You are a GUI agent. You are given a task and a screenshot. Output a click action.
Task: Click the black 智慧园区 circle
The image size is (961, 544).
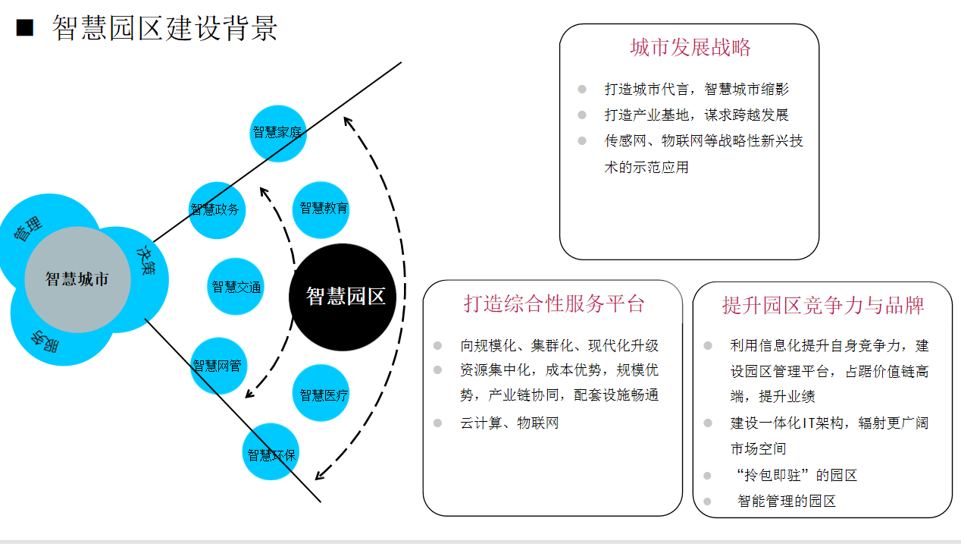pos(343,297)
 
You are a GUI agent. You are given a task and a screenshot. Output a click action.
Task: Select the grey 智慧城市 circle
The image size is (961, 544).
pos(77,279)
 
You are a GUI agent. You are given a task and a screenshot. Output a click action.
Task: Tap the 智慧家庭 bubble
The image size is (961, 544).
pos(278,133)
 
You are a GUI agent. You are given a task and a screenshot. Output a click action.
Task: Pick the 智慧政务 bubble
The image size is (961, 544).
pos(217,210)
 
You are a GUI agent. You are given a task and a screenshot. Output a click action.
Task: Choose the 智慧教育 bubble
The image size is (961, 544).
pos(321,209)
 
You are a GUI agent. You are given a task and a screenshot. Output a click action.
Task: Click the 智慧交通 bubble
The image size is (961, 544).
pos(236,286)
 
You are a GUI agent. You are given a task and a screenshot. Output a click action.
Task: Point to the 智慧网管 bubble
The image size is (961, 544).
pos(219,366)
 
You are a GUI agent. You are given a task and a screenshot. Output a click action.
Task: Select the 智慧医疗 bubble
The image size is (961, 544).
pos(321,392)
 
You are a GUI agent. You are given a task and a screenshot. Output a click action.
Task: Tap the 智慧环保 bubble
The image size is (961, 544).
pos(271,451)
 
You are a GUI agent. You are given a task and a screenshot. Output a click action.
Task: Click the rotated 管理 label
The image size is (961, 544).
pos(28,228)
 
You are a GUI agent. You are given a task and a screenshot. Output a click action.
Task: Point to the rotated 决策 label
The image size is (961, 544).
pos(146,260)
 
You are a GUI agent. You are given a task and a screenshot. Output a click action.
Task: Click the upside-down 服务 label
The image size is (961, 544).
pos(45,341)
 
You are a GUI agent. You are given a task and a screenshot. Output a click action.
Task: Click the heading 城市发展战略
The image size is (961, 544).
pos(690,47)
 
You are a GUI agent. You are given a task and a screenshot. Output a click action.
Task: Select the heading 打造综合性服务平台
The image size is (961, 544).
pos(554,303)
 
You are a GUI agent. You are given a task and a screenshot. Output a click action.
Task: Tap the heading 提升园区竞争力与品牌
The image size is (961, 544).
pos(823,305)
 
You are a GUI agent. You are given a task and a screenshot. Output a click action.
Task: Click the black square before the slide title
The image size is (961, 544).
pos(25,27)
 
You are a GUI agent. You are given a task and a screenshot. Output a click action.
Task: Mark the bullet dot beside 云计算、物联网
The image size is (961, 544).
pos(437,423)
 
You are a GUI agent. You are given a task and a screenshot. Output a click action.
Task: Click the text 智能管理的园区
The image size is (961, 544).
pos(787,501)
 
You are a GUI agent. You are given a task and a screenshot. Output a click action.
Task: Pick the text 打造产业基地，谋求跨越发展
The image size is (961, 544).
pos(696,115)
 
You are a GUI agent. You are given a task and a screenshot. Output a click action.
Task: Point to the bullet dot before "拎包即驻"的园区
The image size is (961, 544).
pos(707,475)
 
